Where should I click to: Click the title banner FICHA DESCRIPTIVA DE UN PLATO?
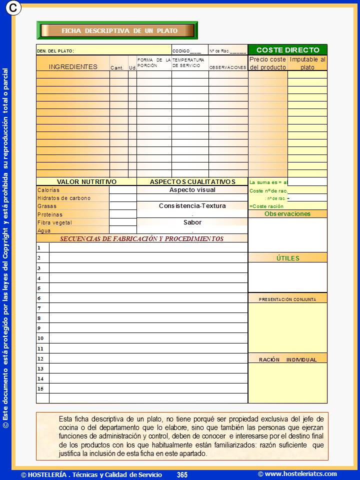pyautogui.click(x=119, y=30)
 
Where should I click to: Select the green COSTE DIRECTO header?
pyautogui.click(x=287, y=50)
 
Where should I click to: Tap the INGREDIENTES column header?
pyautogui.click(x=73, y=66)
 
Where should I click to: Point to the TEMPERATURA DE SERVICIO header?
pyautogui.click(x=189, y=62)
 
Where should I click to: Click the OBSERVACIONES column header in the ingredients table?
pyautogui.click(x=227, y=67)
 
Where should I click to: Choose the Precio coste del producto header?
pyautogui.click(x=267, y=63)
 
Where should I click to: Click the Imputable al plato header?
pyautogui.click(x=307, y=63)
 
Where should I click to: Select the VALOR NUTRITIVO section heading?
pyautogui.click(x=86, y=182)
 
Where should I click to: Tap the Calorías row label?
pyautogui.click(x=48, y=190)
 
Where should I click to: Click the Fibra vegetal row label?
pyautogui.click(x=55, y=222)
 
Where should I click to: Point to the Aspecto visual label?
pyautogui.click(x=192, y=190)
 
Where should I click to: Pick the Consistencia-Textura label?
pyautogui.click(x=192, y=206)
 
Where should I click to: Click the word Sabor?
pyautogui.click(x=192, y=222)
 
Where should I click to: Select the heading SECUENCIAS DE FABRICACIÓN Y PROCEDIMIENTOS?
pyautogui.click(x=142, y=239)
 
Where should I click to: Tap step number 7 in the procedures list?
pyautogui.click(x=39, y=308)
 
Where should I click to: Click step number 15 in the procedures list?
pyautogui.click(x=40, y=388)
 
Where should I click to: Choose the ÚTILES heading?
pyautogui.click(x=287, y=258)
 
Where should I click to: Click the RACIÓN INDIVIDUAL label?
pyautogui.click(x=287, y=359)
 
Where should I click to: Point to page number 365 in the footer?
pyautogui.click(x=182, y=474)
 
